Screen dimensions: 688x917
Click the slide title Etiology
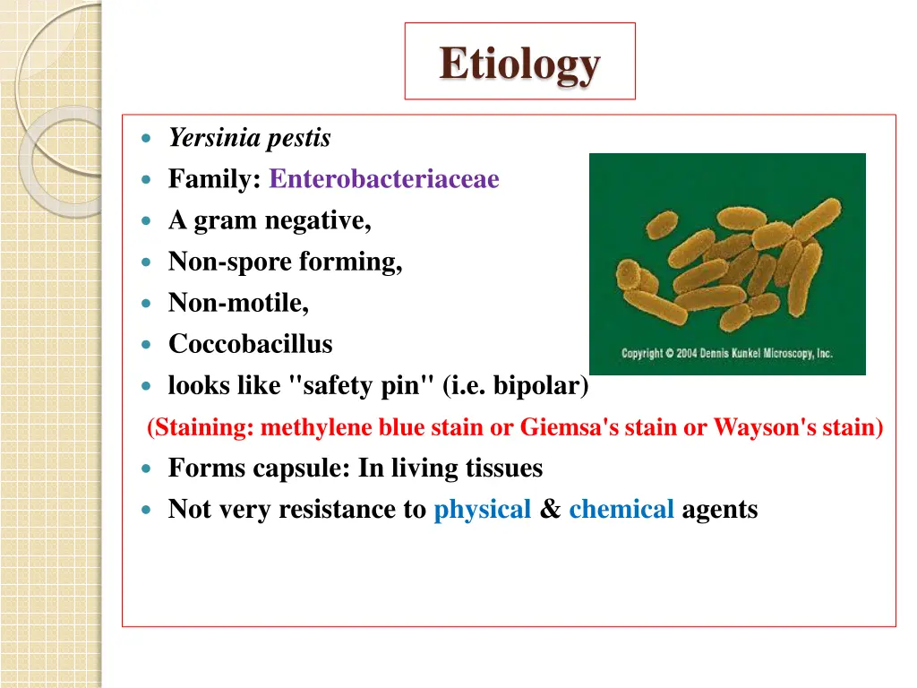tap(519, 64)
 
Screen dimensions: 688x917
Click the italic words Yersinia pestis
tap(250, 138)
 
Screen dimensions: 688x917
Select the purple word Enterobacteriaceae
tap(383, 179)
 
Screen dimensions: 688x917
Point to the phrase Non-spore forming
tap(285, 262)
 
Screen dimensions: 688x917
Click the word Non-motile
tap(238, 303)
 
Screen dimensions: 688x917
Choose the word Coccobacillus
tap(250, 344)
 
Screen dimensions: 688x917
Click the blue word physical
tap(483, 509)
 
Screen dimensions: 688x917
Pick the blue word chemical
tap(621, 509)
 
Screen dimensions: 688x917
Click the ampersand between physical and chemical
tap(551, 509)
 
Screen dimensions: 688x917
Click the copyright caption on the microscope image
tap(726, 353)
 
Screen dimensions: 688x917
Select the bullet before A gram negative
tap(148, 221)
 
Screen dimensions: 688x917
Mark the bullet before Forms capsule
tap(148, 469)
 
